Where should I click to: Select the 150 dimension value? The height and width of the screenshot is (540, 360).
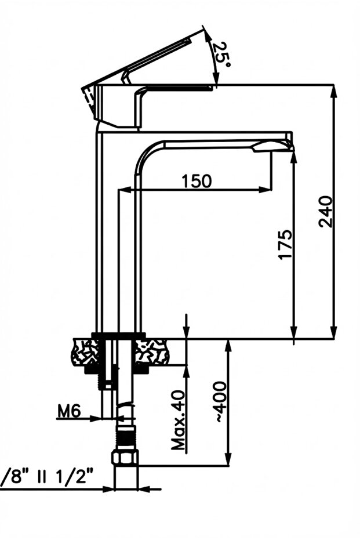point(197,182)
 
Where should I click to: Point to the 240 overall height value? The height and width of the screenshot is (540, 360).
point(326,212)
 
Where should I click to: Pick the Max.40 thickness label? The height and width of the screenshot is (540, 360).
point(179,421)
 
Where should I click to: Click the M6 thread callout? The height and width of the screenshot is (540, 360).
point(68,412)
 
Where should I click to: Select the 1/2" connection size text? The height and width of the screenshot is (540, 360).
point(76,477)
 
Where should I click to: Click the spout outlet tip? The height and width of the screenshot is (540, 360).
point(288,146)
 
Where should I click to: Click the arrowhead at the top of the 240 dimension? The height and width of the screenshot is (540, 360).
point(333,90)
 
